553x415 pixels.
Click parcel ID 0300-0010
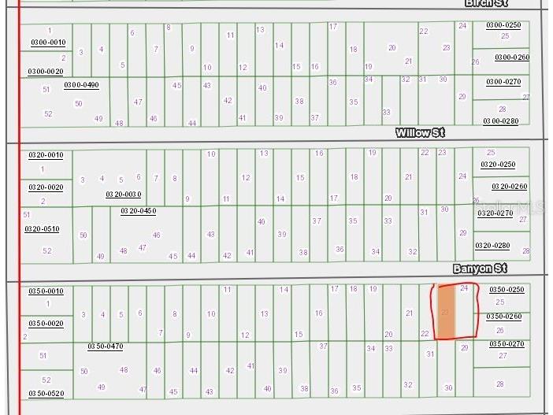(47, 43)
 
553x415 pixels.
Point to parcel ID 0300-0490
(82, 85)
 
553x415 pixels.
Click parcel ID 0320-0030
(124, 194)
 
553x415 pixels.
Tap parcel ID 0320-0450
(138, 211)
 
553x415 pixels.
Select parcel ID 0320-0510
(43, 229)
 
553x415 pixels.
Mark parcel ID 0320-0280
(492, 246)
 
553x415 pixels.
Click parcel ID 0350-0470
(105, 346)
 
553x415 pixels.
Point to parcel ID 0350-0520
(46, 393)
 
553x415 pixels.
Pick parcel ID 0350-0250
(507, 290)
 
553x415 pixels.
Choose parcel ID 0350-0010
(46, 291)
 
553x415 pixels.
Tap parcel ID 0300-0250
(503, 25)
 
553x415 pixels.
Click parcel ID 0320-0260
(510, 187)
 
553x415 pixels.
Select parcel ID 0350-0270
(507, 344)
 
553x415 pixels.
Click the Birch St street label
(485, 3)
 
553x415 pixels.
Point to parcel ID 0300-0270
(503, 82)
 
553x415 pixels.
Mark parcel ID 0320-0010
(46, 155)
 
